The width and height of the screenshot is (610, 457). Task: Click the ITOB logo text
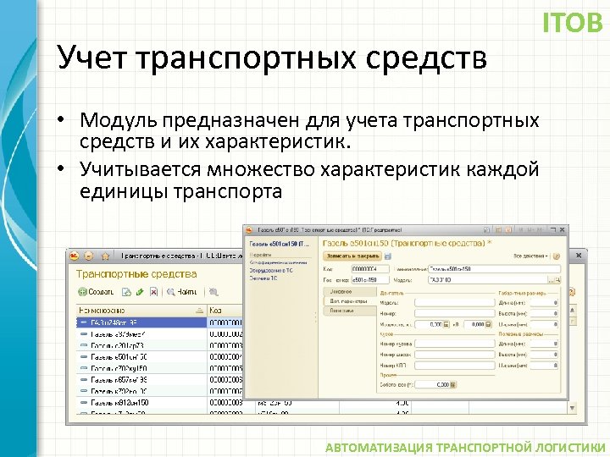pyautogui.click(x=572, y=22)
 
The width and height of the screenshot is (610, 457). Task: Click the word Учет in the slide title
pyautogui.click(x=91, y=58)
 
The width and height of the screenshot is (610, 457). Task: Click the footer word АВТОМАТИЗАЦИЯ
pyautogui.click(x=380, y=447)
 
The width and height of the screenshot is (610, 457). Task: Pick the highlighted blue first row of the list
pyautogui.click(x=140, y=322)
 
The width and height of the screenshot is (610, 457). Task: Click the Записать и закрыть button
pyautogui.click(x=352, y=256)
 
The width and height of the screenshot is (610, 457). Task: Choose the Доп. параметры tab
pyautogui.click(x=348, y=300)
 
